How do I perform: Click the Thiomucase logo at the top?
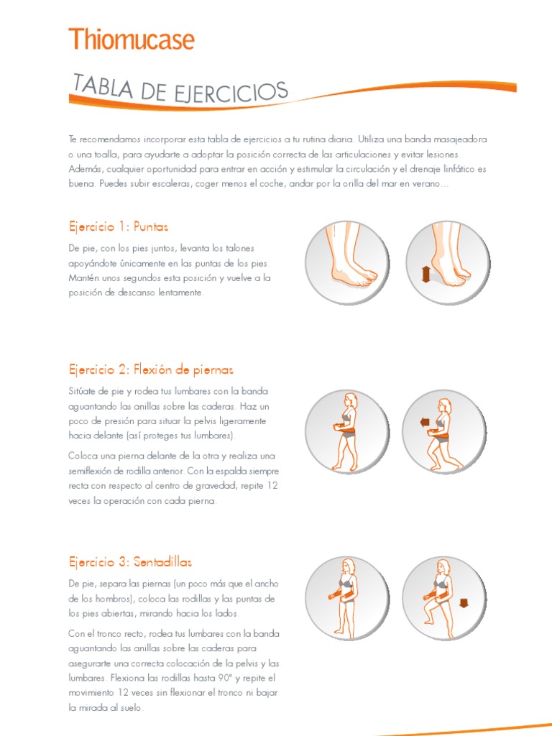(131, 39)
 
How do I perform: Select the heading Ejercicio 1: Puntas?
(118, 226)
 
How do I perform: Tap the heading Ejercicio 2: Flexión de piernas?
(151, 369)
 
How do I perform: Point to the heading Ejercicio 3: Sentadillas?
(130, 561)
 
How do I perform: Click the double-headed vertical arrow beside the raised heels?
(425, 275)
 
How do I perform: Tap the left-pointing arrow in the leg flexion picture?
(424, 423)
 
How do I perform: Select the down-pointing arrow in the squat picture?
(462, 603)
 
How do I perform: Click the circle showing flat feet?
(348, 262)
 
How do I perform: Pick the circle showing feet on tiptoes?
(448, 262)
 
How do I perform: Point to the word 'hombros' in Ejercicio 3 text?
(116, 599)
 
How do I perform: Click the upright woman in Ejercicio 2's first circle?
(347, 431)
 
